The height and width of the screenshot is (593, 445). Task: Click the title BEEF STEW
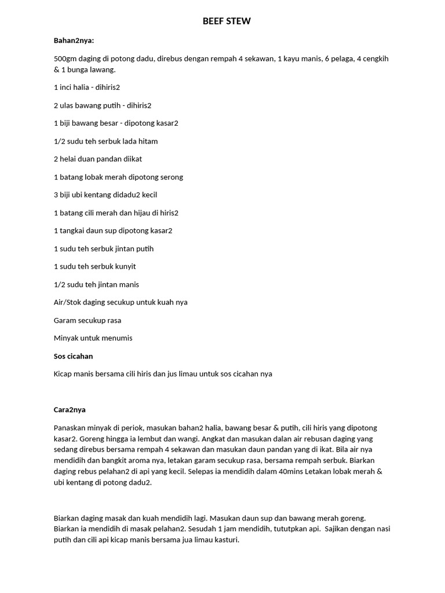227,21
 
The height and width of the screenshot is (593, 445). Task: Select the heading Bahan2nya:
74,41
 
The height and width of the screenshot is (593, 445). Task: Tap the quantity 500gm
64,58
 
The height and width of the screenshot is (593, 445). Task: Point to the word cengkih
378,58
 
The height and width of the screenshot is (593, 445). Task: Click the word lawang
104,69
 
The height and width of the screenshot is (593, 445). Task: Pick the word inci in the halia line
65,87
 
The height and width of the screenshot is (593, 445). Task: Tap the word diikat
131,159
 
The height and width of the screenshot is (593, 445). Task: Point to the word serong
172,177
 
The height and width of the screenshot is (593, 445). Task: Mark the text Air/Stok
67,302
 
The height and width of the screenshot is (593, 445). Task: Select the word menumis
118,338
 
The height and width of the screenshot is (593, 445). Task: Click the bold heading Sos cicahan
73,356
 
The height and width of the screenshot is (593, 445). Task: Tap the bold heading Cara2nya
70,409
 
